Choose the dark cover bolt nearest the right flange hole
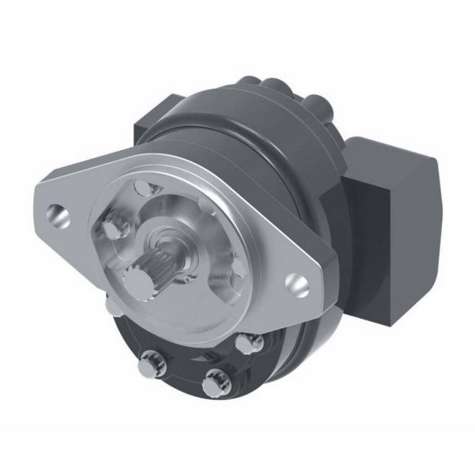(x=250, y=343)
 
